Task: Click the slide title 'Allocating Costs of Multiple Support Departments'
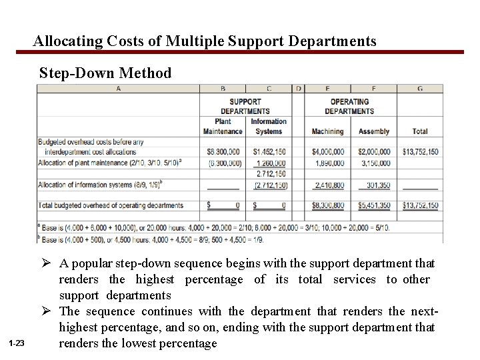pos(205,41)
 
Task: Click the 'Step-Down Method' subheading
pos(105,73)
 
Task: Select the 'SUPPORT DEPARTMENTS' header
pos(245,107)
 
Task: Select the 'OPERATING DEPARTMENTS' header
pos(349,107)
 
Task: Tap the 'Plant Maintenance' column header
pos(223,127)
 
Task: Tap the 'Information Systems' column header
pos(269,127)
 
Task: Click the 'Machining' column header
pos(327,132)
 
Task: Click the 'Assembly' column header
pos(373,132)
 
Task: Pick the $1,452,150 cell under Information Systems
pos(269,153)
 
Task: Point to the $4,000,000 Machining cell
pos(327,153)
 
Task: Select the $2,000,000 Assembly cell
pos(373,153)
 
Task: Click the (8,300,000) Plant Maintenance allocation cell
pos(223,163)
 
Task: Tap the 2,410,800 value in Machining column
pos(329,185)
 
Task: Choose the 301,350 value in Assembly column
pos(375,185)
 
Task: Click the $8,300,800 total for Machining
pos(327,206)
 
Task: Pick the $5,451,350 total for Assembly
pos(373,206)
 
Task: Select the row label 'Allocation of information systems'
pos(91,185)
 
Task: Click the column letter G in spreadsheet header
pos(419,89)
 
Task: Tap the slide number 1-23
pos(17,343)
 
